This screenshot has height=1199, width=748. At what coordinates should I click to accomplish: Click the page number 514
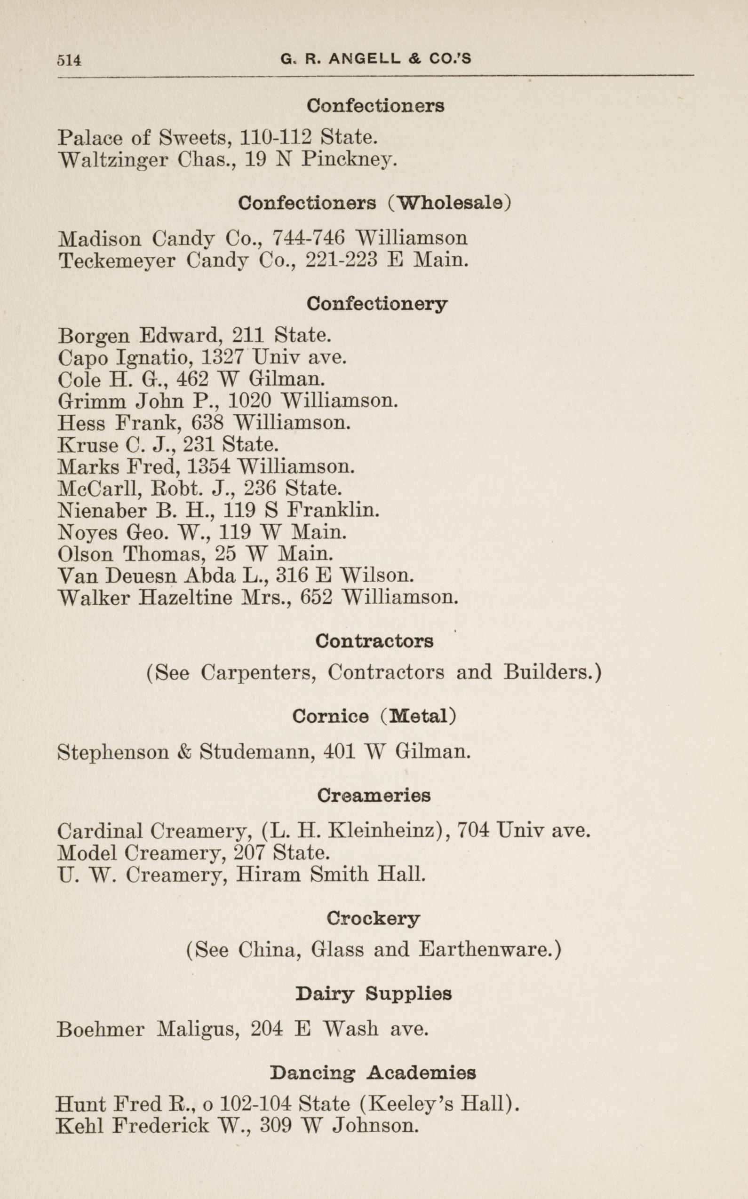coord(69,60)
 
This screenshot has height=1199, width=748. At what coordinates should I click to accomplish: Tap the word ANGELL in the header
coord(364,59)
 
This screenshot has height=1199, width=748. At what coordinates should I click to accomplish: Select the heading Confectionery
coord(376,304)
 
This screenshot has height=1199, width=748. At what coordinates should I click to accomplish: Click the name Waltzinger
coord(113,160)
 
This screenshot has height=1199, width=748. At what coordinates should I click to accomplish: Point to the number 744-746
coord(309,238)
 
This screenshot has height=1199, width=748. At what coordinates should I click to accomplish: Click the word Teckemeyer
coord(117,260)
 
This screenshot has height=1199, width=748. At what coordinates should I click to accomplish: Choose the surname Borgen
coord(93,337)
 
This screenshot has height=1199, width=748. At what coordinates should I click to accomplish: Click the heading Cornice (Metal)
coord(374,717)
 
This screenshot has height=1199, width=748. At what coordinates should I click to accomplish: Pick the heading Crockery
coord(373,919)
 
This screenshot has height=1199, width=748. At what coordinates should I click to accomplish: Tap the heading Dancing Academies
coord(373,1073)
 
